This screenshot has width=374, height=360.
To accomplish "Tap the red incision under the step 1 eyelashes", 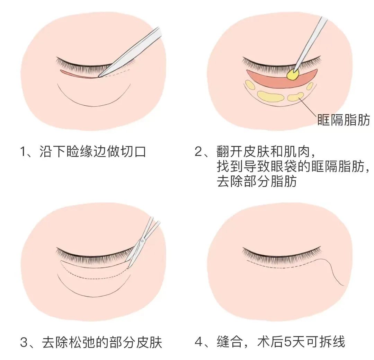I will click(78, 74).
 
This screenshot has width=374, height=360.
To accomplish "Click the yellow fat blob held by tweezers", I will click(293, 74).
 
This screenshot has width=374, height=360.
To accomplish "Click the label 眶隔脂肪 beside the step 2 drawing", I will click(344, 120).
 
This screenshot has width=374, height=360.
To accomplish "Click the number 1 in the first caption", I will click(24, 151).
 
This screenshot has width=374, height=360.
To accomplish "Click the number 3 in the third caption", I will click(24, 342).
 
